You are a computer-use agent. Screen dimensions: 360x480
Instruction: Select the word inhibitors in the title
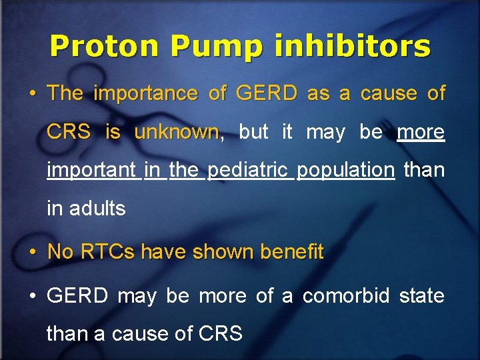tap(353, 47)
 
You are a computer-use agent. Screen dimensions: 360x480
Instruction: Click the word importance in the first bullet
tap(145, 94)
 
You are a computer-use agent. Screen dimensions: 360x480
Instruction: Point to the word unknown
tap(177, 132)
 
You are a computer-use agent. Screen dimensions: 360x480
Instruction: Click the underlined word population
tap(345, 170)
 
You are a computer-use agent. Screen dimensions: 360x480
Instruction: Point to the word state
tap(421, 295)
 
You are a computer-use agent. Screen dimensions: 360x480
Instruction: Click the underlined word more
tap(420, 132)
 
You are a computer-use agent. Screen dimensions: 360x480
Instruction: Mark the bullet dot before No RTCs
tap(33, 253)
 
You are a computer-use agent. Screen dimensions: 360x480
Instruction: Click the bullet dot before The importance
tap(33, 95)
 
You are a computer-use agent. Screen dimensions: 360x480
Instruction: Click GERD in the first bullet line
tap(267, 94)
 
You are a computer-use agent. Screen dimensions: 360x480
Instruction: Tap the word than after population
tap(424, 170)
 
